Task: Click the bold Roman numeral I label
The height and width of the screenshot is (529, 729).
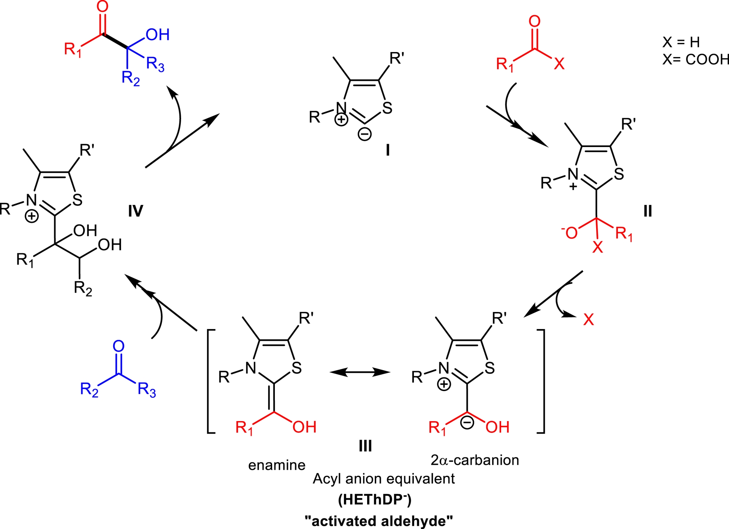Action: point(388,150)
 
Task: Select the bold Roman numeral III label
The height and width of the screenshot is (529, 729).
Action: point(365,445)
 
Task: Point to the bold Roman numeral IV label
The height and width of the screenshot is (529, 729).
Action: point(136,211)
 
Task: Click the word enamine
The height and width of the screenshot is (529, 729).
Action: point(277,465)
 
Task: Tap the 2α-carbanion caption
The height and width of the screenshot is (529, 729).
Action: point(475,460)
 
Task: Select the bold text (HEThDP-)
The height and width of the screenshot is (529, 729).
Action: point(375,499)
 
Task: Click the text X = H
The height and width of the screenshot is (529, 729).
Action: point(681,42)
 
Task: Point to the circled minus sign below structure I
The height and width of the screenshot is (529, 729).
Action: point(365,134)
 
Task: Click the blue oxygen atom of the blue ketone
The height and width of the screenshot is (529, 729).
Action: point(118,346)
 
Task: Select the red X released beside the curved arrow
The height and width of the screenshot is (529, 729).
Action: point(589,320)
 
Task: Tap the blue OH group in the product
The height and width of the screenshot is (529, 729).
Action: point(158,35)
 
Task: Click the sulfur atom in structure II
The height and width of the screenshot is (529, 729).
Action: point(619,174)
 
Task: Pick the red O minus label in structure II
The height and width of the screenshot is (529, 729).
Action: point(570,232)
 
